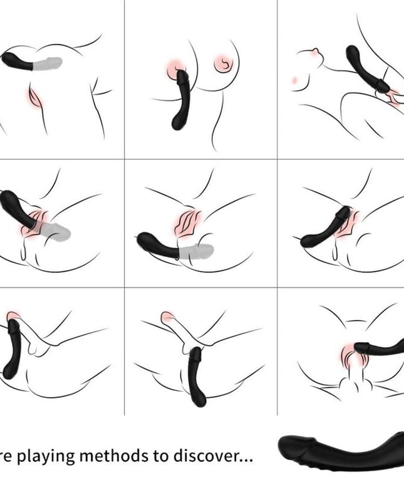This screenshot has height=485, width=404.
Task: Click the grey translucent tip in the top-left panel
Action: pyautogui.click(x=50, y=63)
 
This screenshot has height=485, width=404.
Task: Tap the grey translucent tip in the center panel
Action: pyautogui.click(x=197, y=251)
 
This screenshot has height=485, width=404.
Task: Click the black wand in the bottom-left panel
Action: pyautogui.click(x=14, y=351)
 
